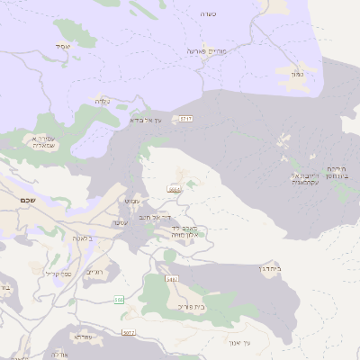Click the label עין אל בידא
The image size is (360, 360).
(x=145, y=119)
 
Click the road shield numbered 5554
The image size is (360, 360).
(x=174, y=190)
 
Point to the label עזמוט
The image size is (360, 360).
(x=132, y=200)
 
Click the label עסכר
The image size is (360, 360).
(x=123, y=221)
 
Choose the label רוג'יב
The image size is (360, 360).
(x=95, y=272)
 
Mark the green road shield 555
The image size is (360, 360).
(x=118, y=299)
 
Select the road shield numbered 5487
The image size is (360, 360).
(x=172, y=280)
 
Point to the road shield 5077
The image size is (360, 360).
(x=128, y=332)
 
